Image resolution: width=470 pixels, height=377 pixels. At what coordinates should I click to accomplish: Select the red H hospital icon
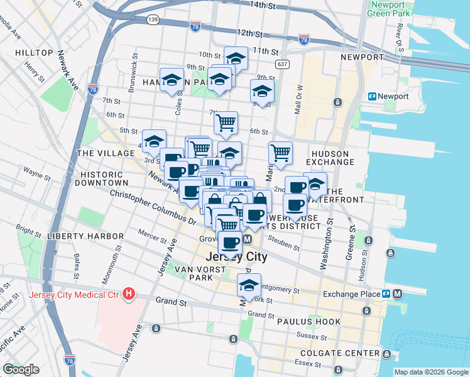coord(129,293)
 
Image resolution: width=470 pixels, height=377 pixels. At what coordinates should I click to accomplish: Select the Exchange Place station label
coord(351,294)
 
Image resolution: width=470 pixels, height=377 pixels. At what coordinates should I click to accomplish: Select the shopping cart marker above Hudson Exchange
coord(280,152)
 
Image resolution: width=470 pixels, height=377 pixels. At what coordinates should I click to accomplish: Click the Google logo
coord(20,369)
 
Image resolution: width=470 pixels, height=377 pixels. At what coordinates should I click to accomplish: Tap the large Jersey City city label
coord(237,257)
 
